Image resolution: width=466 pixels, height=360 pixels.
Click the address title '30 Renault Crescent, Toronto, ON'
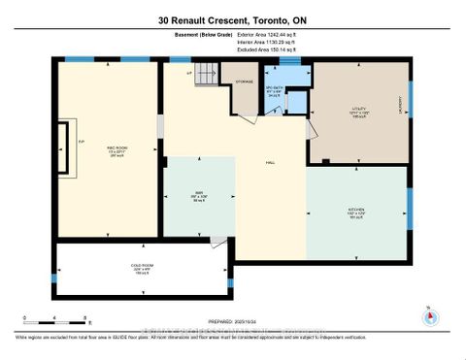coord(233,20)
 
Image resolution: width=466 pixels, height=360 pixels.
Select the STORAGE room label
coord(244,82)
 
